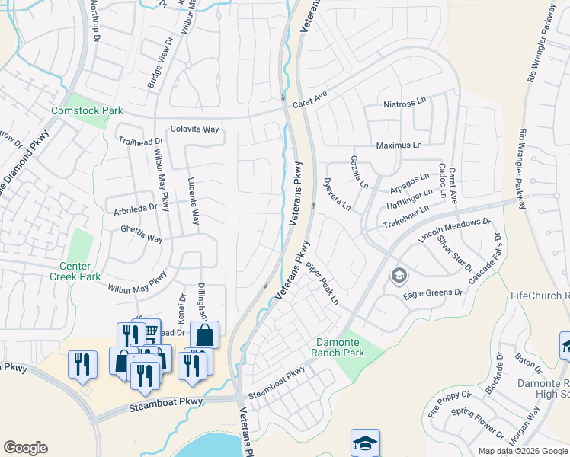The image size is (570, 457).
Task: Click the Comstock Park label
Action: (x=87, y=111)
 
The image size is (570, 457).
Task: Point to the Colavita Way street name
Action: (x=194, y=129)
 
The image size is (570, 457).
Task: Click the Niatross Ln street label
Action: (x=407, y=104)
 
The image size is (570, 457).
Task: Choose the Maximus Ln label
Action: (x=399, y=145)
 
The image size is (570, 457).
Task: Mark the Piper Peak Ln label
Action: (x=322, y=284)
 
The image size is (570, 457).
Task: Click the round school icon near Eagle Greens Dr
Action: (x=398, y=276)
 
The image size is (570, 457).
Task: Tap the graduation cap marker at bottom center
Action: (x=365, y=442)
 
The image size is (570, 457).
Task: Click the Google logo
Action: (x=25, y=448)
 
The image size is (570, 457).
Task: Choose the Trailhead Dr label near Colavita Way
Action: (x=141, y=142)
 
